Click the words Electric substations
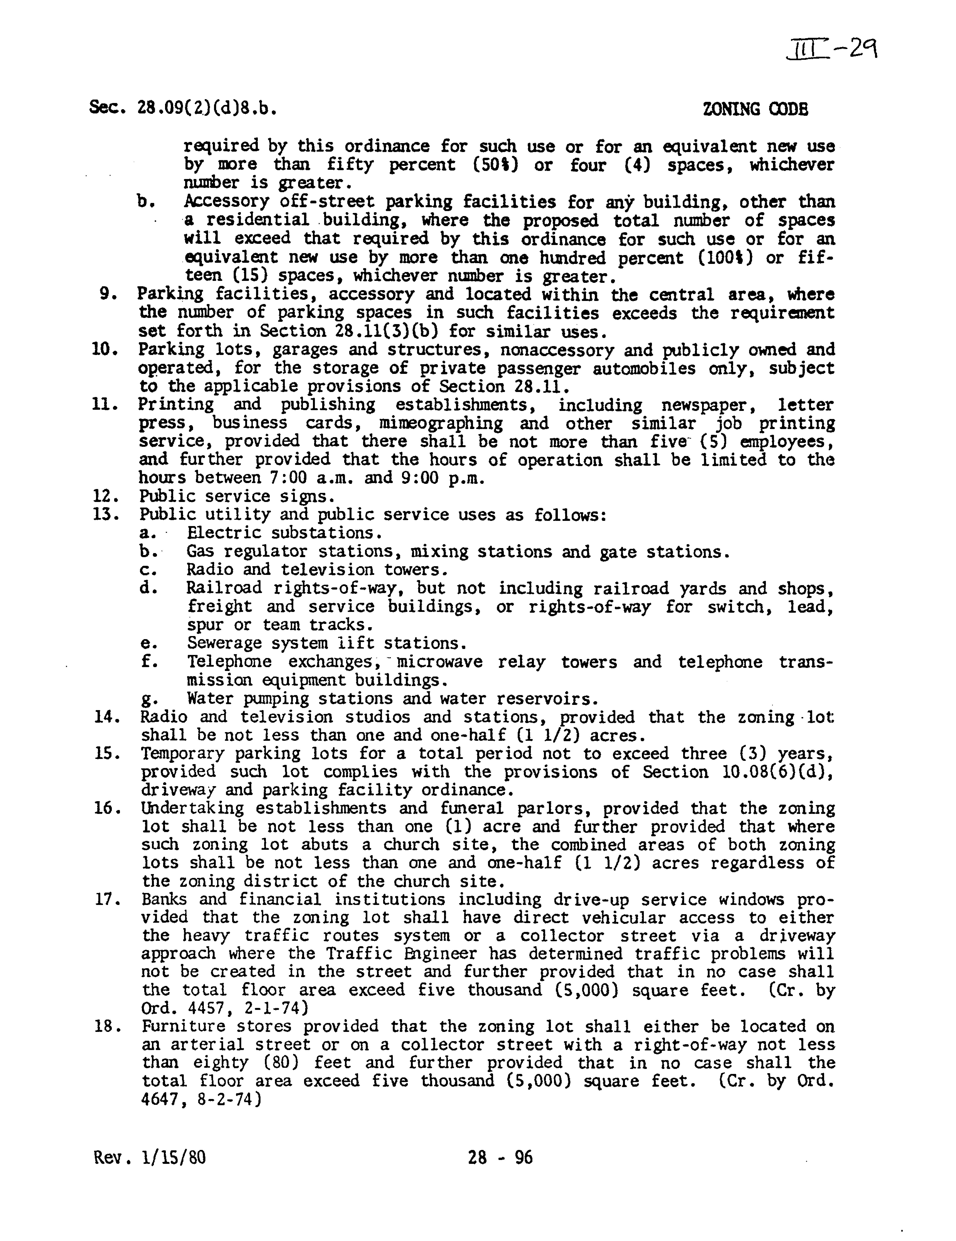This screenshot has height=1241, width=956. (284, 533)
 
